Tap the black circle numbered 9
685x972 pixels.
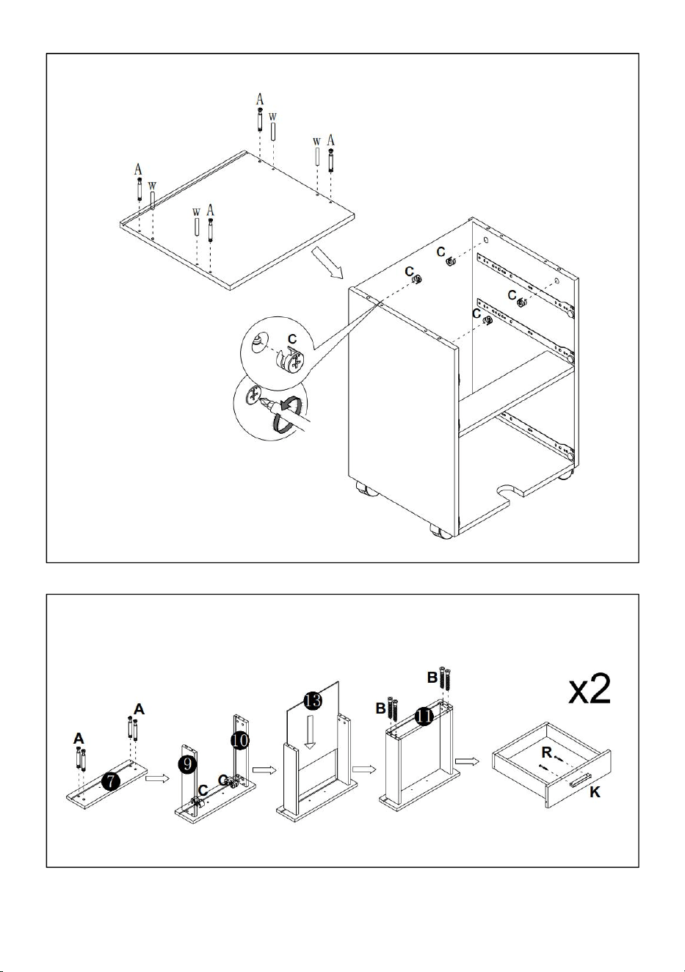tap(187, 764)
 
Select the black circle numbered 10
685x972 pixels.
tap(239, 740)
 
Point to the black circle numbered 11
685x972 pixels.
tap(424, 716)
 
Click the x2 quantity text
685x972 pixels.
tap(590, 690)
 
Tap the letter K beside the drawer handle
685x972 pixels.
tap(595, 792)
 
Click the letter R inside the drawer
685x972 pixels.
tap(546, 752)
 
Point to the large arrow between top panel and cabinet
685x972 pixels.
tap(327, 262)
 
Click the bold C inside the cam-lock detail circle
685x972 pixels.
tap(293, 338)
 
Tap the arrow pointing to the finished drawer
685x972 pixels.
tap(467, 761)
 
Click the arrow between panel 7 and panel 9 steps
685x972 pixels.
tap(158, 778)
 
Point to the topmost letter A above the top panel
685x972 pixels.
tap(260, 99)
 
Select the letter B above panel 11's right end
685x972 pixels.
tap(432, 677)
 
